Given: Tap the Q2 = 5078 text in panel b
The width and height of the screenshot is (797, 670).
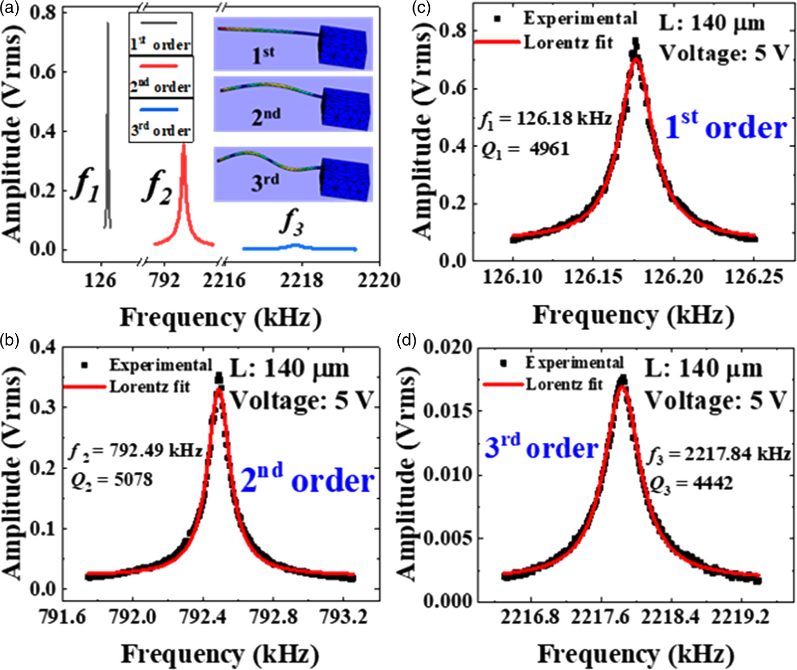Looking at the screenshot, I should pos(112,479).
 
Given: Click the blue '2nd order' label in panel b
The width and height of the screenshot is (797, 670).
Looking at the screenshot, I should pos(307,479).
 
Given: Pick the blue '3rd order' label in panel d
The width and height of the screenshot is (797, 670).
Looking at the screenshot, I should pos(541,447).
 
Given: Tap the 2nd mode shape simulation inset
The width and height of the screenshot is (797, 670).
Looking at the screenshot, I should pos(293,104).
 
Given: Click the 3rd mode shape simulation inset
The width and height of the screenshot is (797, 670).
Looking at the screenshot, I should pos(293,174).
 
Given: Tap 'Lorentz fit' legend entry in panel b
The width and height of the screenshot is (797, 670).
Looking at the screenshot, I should pos(150,387).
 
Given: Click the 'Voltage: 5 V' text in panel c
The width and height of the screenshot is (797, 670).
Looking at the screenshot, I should pos(724,52).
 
